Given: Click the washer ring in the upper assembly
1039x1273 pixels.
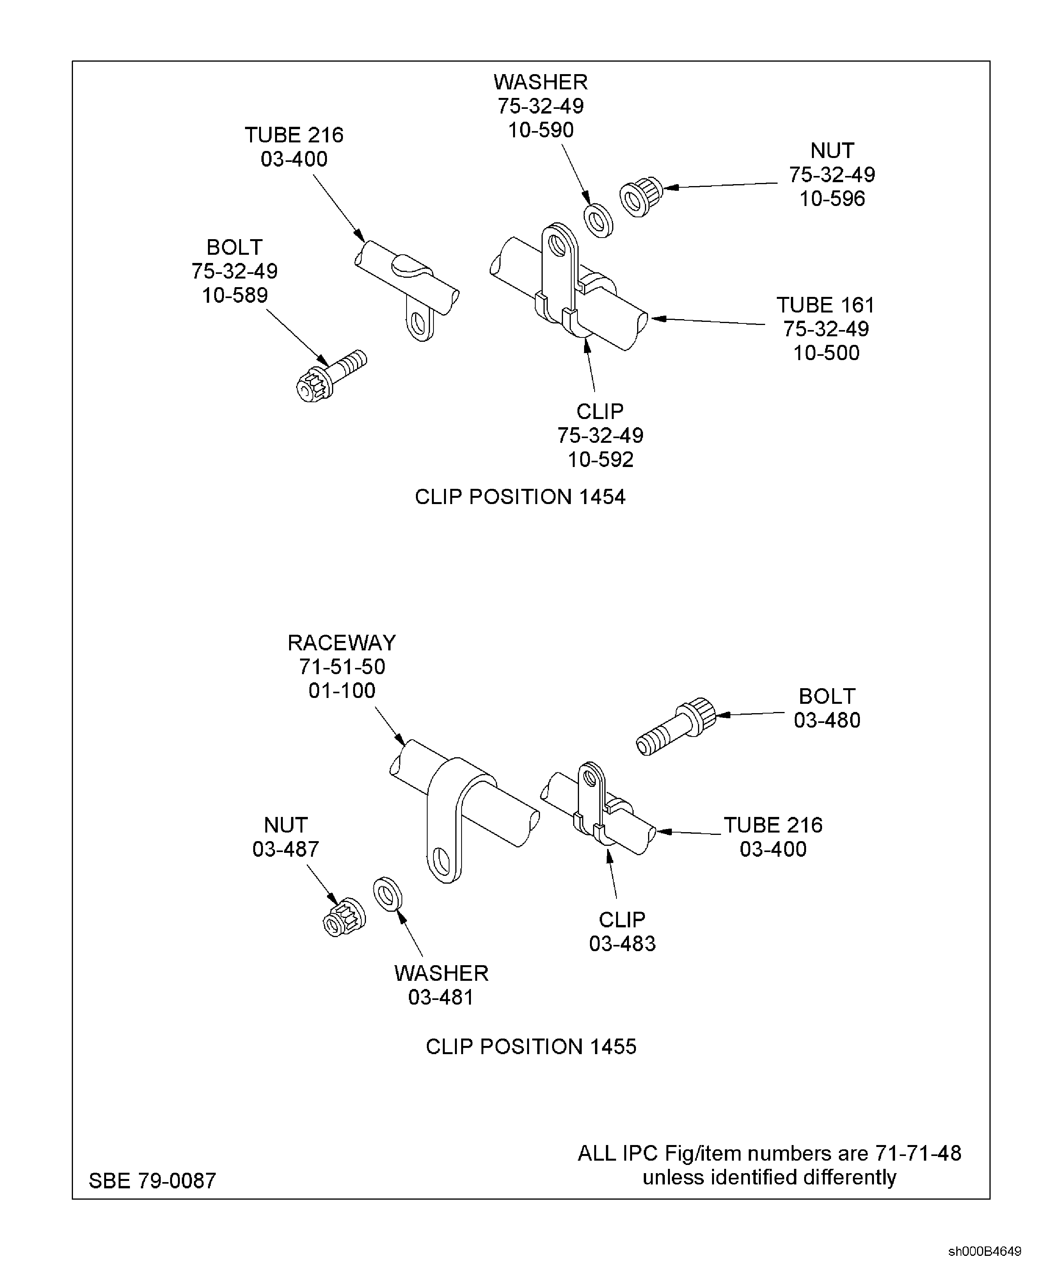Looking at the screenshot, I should click(x=598, y=221).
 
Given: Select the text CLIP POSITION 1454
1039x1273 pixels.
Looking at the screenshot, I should click(x=520, y=497).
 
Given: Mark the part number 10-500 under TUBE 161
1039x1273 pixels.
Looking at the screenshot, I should click(x=826, y=353).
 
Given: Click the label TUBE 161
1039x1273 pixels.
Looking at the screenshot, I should click(x=825, y=305).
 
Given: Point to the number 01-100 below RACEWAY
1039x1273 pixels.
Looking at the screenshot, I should click(x=342, y=691).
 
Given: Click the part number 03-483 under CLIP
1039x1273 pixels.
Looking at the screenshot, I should click(x=622, y=944).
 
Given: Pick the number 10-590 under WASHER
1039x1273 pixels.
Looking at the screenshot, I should click(x=540, y=130).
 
